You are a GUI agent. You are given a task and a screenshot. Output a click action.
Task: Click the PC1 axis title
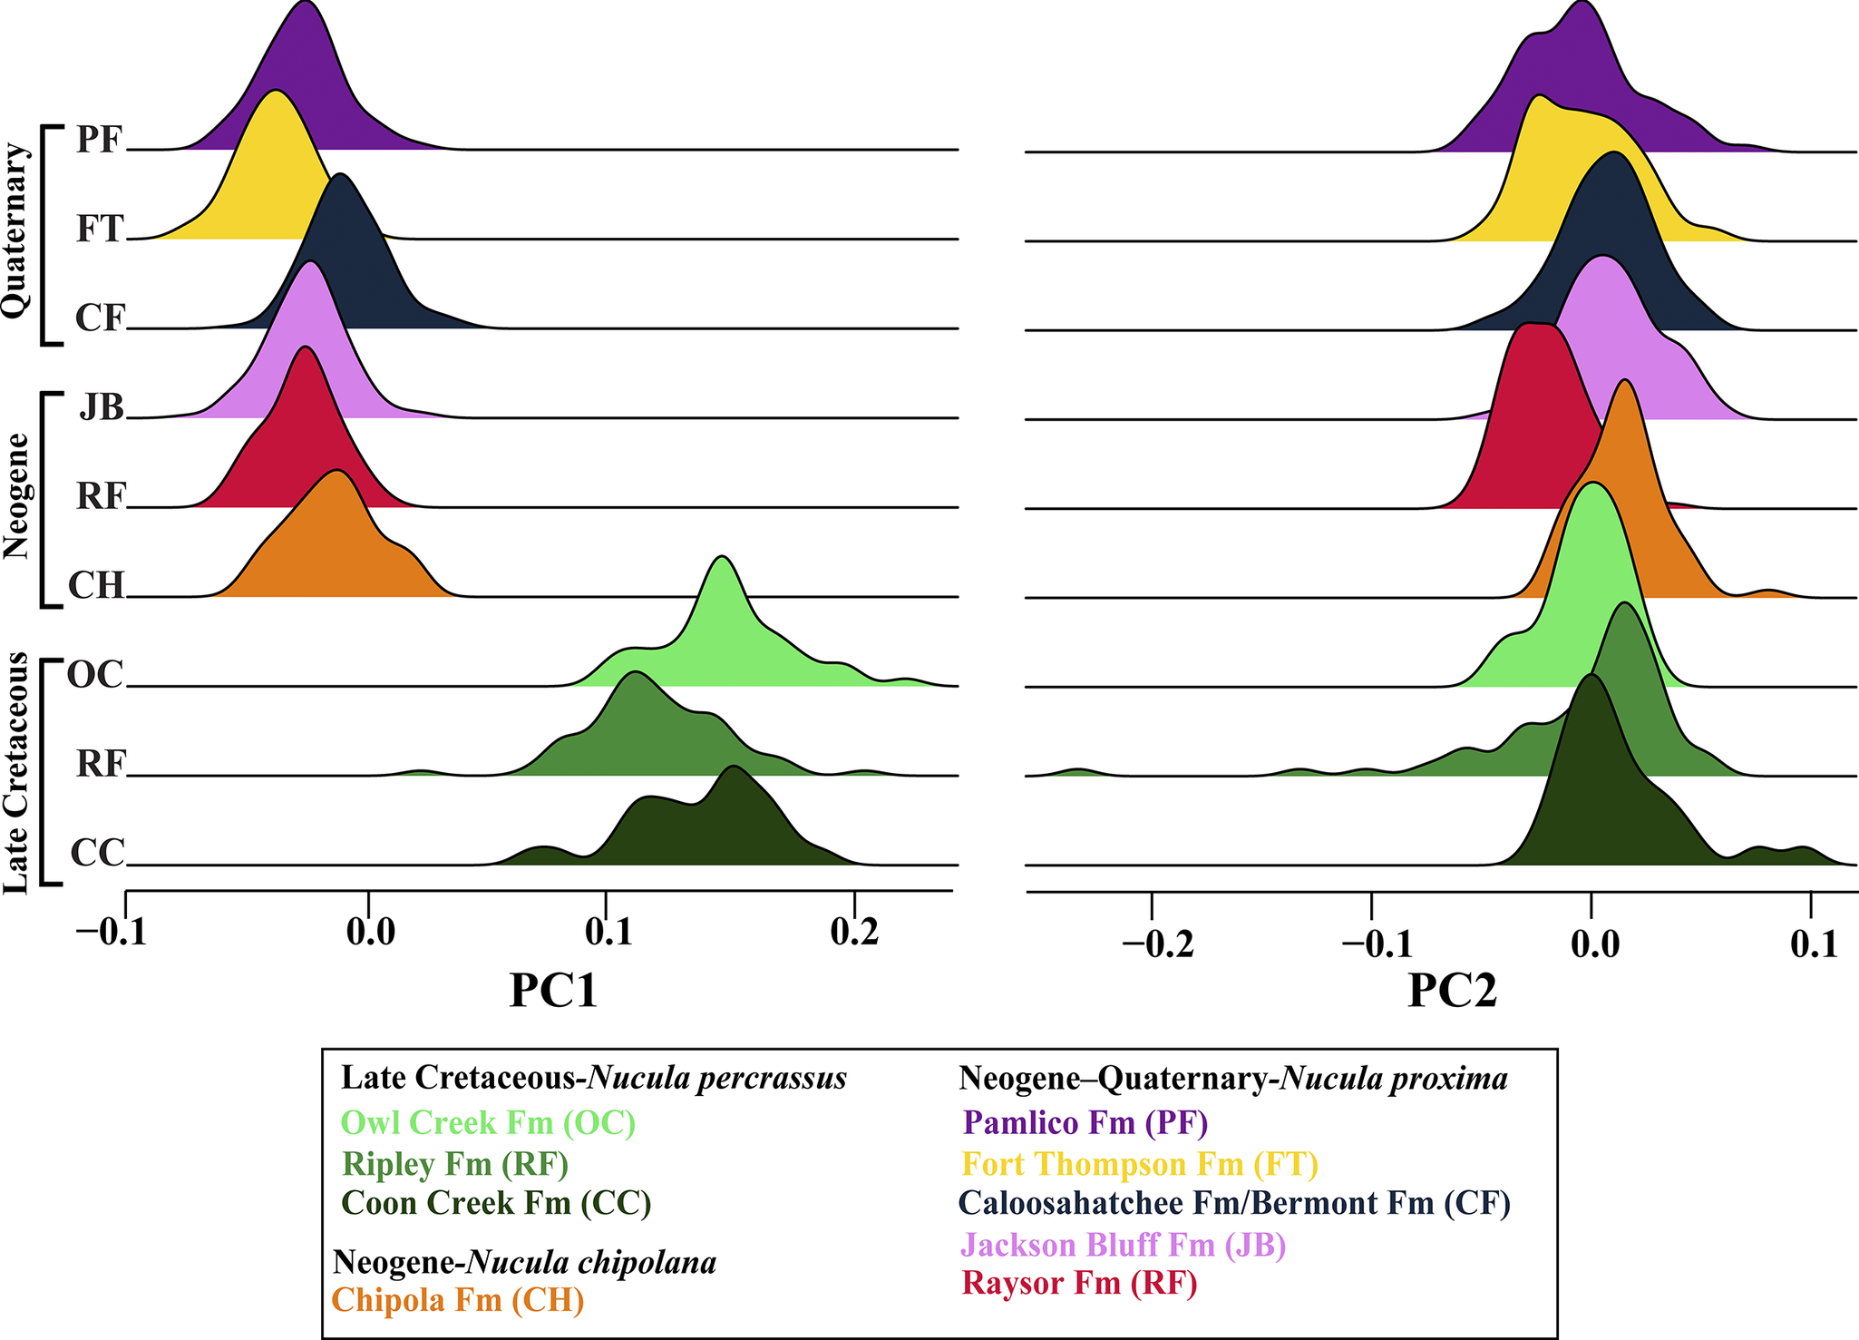(x=553, y=991)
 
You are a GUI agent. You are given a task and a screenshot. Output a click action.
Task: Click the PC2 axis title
(x=1452, y=991)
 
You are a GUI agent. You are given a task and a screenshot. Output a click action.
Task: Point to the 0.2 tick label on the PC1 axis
(x=853, y=934)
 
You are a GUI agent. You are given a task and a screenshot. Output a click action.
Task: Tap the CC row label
(x=96, y=854)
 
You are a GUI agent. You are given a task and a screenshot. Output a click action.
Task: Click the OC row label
(x=94, y=675)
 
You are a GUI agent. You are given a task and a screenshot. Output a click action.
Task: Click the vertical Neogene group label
(x=15, y=496)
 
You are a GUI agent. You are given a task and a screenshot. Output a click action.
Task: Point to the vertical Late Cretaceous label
(x=15, y=773)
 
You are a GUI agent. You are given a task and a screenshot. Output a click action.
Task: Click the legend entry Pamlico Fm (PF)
(x=1085, y=1123)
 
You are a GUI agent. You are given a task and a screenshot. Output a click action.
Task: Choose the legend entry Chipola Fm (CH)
(x=458, y=1300)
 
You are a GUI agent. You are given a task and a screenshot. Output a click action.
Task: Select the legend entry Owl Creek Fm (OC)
(x=488, y=1123)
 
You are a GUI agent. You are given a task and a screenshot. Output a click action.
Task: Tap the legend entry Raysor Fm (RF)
(x=1079, y=1284)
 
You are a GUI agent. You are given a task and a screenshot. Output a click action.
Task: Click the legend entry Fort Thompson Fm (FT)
(x=1140, y=1164)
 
